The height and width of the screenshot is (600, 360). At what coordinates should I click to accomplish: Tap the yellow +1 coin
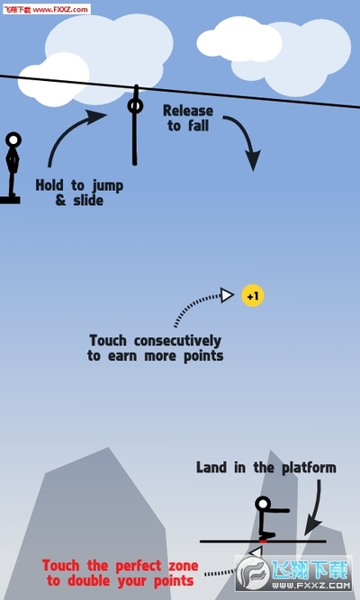[253, 296]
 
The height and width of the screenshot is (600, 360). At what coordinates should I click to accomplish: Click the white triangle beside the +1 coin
[227, 295]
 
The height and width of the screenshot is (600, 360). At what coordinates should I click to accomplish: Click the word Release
[188, 111]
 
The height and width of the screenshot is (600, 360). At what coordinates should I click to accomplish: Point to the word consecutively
[177, 340]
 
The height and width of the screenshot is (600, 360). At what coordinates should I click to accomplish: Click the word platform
[309, 468]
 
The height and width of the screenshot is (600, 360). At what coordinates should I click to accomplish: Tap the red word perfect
[139, 566]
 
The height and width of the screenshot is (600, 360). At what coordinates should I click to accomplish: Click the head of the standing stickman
[13, 139]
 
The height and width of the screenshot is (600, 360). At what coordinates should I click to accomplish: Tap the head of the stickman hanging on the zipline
[135, 105]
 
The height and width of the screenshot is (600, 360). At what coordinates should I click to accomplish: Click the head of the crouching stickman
[263, 504]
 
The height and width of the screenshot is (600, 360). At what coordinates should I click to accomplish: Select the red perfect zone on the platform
[263, 542]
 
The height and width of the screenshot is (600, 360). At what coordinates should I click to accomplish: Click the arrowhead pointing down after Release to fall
[253, 160]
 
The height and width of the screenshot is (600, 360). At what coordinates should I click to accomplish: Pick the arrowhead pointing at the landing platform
[311, 525]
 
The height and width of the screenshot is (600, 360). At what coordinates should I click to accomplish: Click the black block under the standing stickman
[10, 200]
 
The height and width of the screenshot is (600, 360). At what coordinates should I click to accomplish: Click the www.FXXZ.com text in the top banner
[60, 9]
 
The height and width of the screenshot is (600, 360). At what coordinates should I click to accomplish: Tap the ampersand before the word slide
[60, 200]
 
